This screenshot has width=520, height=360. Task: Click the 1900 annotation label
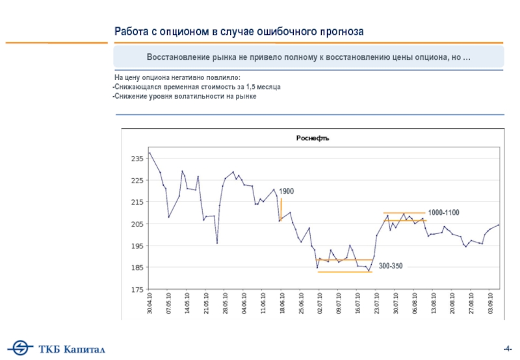pos(287,192)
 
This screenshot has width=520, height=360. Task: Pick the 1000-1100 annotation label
pos(443,213)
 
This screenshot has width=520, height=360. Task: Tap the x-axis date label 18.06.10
pos(281,304)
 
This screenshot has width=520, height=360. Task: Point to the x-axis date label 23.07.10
pos(376,304)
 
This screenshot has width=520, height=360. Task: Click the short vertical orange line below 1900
pos(281,210)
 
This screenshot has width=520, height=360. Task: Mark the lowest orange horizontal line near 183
pos(344,272)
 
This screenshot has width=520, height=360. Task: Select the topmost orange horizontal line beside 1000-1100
pos(404,212)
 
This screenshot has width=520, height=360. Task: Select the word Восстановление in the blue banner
pos(182,57)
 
